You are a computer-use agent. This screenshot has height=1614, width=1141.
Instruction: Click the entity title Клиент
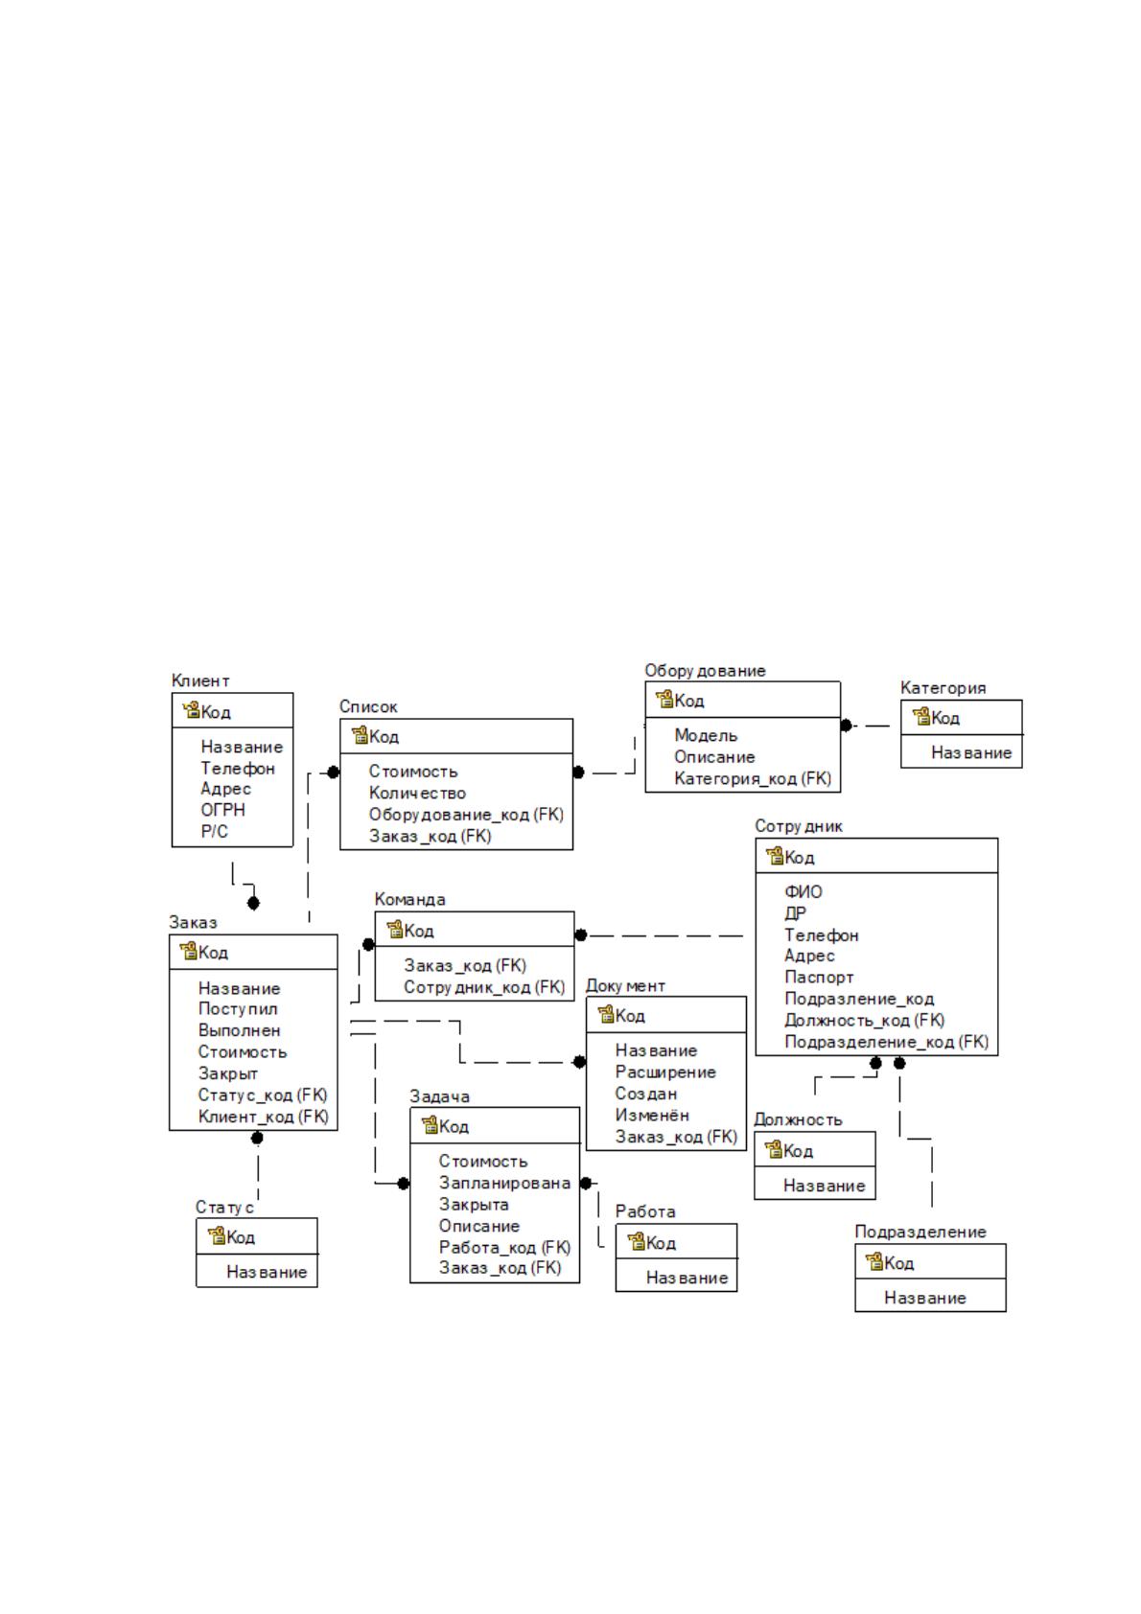(200, 680)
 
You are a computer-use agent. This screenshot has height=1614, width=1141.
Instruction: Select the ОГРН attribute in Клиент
(222, 810)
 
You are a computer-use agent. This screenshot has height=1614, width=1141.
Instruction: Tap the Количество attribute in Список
(417, 793)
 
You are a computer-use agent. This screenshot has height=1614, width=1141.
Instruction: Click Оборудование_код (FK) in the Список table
(466, 815)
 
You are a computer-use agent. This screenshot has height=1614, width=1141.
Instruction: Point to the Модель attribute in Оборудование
(706, 735)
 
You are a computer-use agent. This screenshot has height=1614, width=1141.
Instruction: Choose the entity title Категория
(943, 688)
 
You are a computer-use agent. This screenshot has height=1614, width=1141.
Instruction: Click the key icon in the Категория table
(921, 717)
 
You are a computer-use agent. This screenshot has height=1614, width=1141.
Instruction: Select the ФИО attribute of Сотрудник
(803, 891)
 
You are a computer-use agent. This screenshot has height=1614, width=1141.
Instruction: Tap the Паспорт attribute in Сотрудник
(819, 978)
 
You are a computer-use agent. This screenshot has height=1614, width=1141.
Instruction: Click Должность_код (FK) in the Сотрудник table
(864, 1021)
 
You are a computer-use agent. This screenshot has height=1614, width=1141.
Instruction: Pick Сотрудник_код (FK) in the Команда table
(484, 987)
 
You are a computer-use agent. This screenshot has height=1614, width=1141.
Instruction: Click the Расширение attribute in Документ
(665, 1072)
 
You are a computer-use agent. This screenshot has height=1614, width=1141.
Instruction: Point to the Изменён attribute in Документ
(652, 1116)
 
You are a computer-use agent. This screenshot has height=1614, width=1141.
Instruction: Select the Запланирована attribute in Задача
(504, 1183)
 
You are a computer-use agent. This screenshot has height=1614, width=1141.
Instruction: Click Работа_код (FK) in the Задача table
(504, 1247)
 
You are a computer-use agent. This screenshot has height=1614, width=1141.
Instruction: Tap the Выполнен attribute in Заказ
(239, 1030)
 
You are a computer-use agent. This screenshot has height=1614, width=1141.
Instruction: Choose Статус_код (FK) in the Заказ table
(263, 1095)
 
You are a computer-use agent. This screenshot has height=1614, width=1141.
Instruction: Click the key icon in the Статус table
(217, 1236)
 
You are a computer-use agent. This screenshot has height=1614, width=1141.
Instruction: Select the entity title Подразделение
(920, 1233)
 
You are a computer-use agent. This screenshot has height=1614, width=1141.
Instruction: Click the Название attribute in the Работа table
(687, 1278)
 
